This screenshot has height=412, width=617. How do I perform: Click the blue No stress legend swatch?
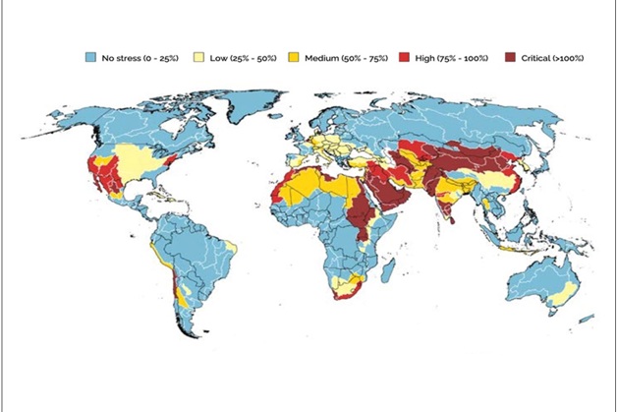pos(87,58)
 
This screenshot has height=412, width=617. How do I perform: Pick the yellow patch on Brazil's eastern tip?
pos(232,245)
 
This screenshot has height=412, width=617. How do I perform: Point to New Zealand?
pos(587,318)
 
